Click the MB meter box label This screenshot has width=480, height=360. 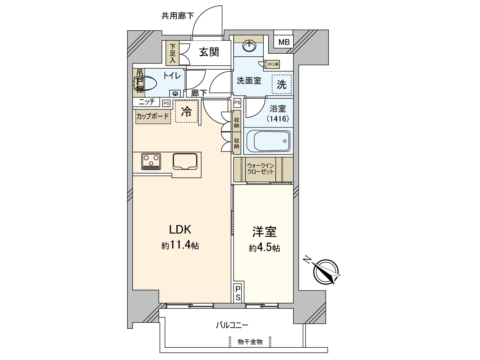point(284,42)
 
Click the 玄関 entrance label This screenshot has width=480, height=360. point(209,52)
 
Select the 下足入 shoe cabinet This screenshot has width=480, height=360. point(173,53)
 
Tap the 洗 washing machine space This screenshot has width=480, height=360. point(281,85)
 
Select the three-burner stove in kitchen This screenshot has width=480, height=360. point(151,161)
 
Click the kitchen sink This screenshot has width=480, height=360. point(185,161)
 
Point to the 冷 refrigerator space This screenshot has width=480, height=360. point(186,112)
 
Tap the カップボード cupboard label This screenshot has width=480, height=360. point(153,116)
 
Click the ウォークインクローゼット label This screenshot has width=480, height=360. point(260,169)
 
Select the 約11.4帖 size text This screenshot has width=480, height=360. point(180,245)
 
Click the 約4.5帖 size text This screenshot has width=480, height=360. point(264,248)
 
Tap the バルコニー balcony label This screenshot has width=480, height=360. point(232,325)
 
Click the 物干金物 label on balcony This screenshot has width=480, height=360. point(250,342)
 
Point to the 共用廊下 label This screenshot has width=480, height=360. point(178,16)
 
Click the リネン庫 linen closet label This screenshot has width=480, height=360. point(273,64)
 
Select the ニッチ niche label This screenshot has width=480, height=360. point(147,102)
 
